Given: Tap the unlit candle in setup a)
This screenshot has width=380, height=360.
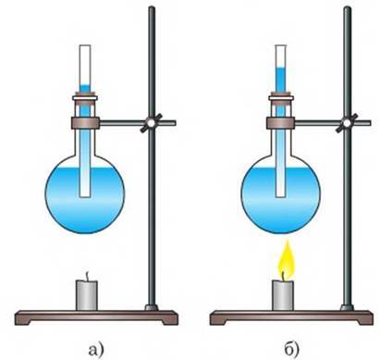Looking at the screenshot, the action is coord(87,294).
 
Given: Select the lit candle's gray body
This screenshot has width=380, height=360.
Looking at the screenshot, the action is coord(282,295).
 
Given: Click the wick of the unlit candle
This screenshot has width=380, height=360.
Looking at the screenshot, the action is coord(88,276).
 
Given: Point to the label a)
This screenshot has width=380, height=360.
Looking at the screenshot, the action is coord(96,349).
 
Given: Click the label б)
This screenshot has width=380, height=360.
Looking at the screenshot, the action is coord(290,349).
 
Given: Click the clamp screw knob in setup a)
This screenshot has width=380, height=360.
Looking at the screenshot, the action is coord(151,123).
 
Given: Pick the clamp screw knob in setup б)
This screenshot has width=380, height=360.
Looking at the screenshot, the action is coord(347,123).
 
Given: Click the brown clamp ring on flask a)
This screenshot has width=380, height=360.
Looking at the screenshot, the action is coord(85,123).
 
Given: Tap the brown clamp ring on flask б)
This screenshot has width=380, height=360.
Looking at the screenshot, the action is coord(280,123).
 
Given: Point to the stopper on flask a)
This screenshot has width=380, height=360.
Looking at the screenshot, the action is coord(85,98).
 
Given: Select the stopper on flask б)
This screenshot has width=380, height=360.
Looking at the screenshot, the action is coord(280,98).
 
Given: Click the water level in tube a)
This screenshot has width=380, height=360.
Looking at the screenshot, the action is coord(85,85).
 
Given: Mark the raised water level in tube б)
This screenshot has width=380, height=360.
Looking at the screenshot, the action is coord(280,68).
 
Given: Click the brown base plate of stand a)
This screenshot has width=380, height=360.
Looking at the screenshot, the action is coord(96,317).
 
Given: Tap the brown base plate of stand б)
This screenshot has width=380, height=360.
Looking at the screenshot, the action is coord(291,317).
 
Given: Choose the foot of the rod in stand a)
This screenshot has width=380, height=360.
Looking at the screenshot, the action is coord(152,307).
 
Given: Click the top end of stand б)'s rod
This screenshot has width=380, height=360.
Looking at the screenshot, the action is coord(348,8).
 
